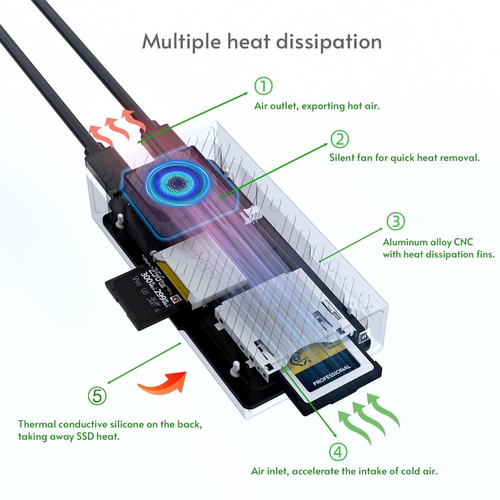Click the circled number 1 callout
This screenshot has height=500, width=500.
click(x=264, y=86)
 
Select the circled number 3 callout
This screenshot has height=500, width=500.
click(x=395, y=221)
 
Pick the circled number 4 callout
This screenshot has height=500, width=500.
click(x=337, y=451)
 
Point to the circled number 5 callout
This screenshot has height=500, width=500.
click(x=97, y=395)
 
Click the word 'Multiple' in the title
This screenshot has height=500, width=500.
click(x=179, y=42)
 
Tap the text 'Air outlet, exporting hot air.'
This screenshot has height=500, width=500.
click(x=317, y=106)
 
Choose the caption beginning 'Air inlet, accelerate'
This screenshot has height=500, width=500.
click(x=344, y=470)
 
